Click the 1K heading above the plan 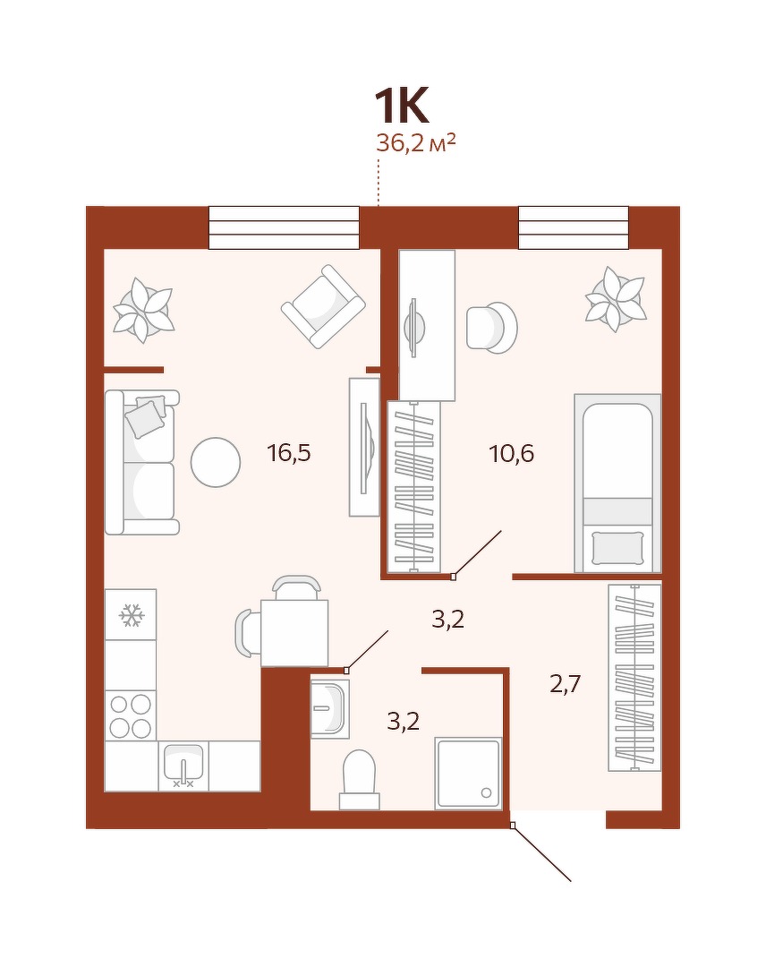click(x=401, y=107)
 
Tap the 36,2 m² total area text click(x=416, y=143)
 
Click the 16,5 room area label click(x=289, y=453)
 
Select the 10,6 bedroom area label click(x=512, y=454)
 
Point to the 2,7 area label click(x=566, y=684)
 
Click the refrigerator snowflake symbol click(x=132, y=615)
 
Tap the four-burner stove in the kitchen click(x=130, y=715)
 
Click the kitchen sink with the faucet click(x=183, y=766)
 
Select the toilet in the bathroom click(x=359, y=780)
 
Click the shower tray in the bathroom click(x=468, y=774)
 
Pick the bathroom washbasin click(x=330, y=708)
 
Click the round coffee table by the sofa click(x=216, y=462)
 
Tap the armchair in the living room click(x=323, y=306)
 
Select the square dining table click(x=294, y=633)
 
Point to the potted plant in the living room click(x=143, y=310)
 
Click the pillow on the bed click(x=617, y=548)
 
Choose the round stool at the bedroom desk click(x=491, y=328)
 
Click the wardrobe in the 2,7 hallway click(x=634, y=677)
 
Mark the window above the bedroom click(x=573, y=227)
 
